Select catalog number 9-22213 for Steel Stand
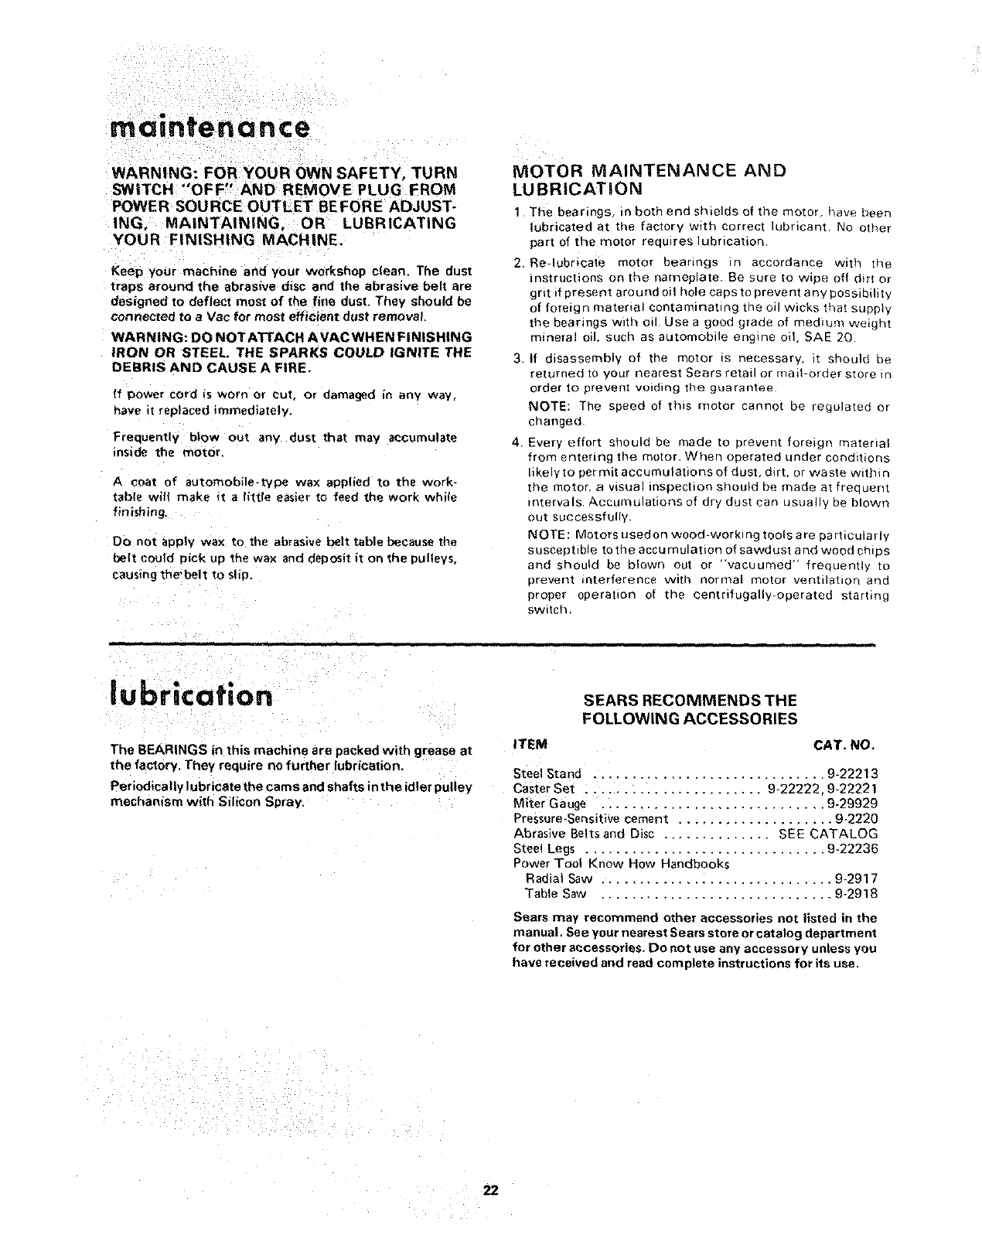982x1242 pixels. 852,773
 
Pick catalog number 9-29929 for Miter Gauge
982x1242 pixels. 852,804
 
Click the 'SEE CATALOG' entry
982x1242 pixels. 828,834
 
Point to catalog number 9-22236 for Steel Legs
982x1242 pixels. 852,849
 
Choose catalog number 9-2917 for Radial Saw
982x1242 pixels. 856,879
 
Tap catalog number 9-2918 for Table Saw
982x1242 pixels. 856,894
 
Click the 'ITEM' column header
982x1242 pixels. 530,745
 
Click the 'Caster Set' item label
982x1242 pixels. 544,789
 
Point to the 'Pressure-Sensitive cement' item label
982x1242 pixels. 591,819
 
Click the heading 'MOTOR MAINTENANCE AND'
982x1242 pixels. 650,171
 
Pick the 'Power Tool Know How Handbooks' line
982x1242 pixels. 622,864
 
